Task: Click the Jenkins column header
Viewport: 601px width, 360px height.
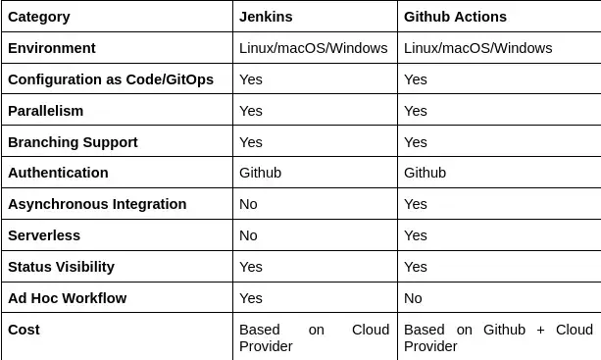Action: click(266, 17)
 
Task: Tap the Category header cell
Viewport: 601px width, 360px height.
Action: click(38, 17)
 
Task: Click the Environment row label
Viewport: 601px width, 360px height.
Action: click(51, 48)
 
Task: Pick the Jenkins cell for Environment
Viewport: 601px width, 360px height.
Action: click(313, 48)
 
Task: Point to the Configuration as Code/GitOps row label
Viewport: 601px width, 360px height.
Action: click(110, 79)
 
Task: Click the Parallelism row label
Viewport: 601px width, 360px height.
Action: click(45, 111)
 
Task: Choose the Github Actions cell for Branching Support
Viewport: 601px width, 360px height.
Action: click(416, 142)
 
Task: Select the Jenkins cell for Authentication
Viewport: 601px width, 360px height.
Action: click(260, 173)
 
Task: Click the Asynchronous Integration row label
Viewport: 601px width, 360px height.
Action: click(96, 204)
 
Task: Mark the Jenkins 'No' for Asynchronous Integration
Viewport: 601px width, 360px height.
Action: click(248, 204)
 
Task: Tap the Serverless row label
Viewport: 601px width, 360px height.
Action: click(43, 235)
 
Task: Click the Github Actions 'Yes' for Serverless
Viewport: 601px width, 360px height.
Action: click(416, 235)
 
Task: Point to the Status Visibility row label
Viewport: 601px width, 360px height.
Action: click(61, 267)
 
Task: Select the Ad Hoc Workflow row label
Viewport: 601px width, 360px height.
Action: click(67, 298)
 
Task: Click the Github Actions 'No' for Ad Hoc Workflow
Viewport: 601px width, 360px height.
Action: click(413, 298)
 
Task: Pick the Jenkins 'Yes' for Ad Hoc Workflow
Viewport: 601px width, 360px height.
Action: click(251, 298)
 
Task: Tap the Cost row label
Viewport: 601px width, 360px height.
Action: click(24, 330)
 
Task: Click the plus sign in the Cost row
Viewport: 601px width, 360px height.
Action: click(540, 331)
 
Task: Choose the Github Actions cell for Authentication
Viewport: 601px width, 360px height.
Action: click(425, 173)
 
